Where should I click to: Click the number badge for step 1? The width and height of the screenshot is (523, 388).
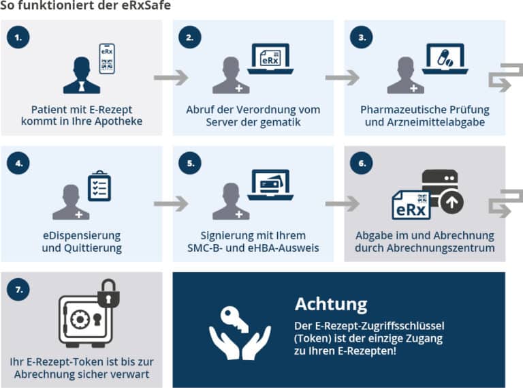pos(18,38)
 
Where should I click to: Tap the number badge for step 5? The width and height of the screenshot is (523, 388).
pos(190,163)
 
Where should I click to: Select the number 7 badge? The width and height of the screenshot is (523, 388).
pos(18,289)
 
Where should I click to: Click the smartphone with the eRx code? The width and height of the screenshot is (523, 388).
pos(107,59)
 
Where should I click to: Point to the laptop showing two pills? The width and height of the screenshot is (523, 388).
pos(445,59)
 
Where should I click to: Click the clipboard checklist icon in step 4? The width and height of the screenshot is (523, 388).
pos(99,186)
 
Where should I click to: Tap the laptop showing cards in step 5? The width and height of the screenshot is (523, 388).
pos(270,185)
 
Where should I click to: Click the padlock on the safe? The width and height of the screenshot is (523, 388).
pos(108,293)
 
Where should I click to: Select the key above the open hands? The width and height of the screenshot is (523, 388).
pos(235,320)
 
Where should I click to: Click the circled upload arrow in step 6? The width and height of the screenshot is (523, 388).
pos(451,203)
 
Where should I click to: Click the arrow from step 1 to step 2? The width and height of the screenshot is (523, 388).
pos(171,78)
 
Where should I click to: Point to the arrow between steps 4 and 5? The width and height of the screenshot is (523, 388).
pos(171,204)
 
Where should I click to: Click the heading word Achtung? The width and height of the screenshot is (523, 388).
pos(331,304)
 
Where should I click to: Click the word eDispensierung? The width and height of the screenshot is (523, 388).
pos(82,236)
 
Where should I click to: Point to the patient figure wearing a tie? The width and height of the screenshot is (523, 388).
pos(82,76)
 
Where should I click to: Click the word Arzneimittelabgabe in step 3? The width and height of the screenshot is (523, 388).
pos(436,122)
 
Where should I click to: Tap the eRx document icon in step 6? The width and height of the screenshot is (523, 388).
pos(411,205)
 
